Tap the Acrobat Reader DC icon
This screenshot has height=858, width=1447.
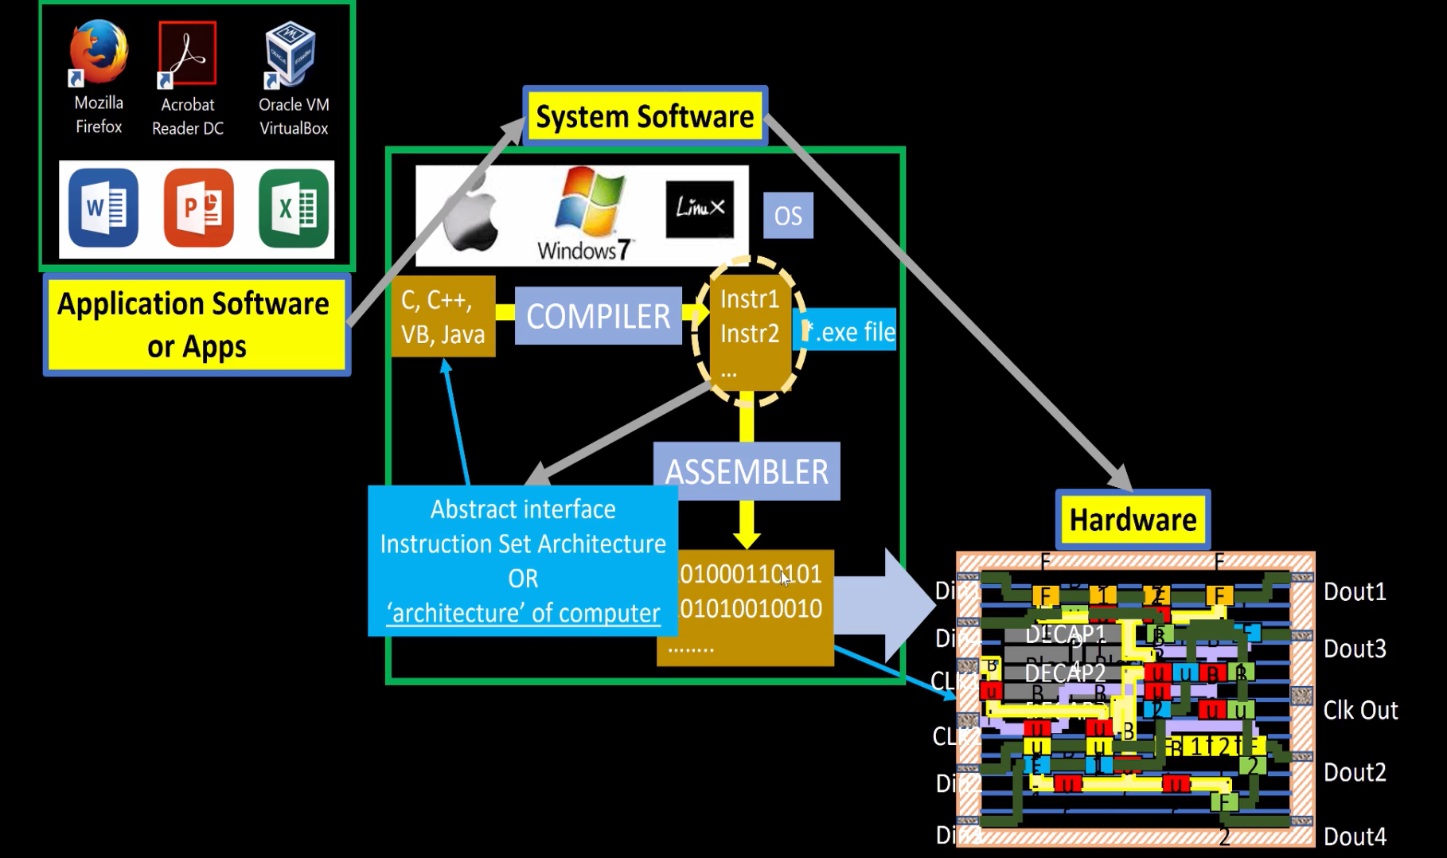tap(188, 53)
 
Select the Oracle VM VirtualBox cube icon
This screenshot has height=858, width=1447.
tap(291, 53)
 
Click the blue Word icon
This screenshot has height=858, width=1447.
tap(103, 209)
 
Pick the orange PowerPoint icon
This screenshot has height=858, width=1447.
tap(198, 209)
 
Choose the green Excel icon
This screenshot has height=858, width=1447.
tap(294, 209)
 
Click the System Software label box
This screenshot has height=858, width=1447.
tap(644, 116)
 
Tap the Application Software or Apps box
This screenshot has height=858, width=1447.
tap(196, 325)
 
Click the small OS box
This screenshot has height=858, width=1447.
tap(788, 216)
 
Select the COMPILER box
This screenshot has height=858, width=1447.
tap(599, 316)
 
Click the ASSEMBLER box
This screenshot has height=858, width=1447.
tap(747, 472)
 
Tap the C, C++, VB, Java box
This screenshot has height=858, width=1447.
tap(443, 317)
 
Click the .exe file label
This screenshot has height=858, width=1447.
tap(849, 331)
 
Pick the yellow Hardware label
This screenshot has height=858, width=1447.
tap(1133, 520)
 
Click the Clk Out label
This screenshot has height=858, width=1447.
tap(1360, 710)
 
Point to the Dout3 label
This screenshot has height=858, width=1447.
tap(1355, 649)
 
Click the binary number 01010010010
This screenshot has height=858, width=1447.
tap(751, 609)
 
